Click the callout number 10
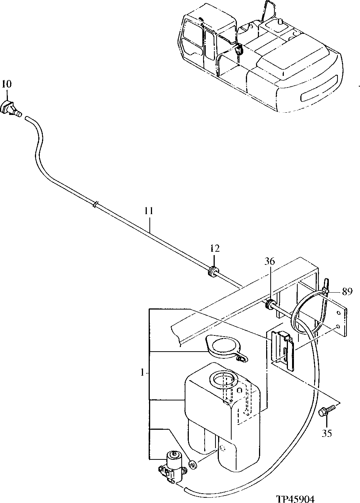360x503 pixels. [x=6, y=84]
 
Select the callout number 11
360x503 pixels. [x=149, y=211]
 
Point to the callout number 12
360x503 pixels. [x=214, y=248]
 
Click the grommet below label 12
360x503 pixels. [x=213, y=271]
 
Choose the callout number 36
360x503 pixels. [x=270, y=261]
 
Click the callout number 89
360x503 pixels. [x=347, y=292]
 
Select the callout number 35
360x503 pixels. [x=327, y=433]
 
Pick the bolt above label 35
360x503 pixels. [x=325, y=412]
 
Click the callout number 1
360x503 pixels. [x=143, y=373]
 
